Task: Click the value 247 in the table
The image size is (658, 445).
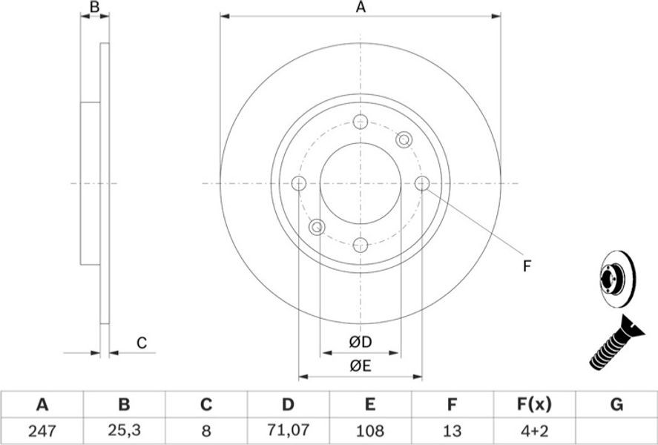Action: click(x=42, y=430)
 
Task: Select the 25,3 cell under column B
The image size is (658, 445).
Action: click(x=124, y=430)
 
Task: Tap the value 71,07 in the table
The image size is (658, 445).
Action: click(x=288, y=429)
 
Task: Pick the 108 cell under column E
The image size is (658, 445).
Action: click(x=369, y=430)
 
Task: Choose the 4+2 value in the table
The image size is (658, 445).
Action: click(x=534, y=430)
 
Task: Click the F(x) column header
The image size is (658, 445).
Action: click(x=534, y=405)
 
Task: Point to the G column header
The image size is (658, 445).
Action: click(x=616, y=405)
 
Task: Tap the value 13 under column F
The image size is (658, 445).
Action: click(x=452, y=430)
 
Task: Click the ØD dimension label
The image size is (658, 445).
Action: click(x=361, y=342)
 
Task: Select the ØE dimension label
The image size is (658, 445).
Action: click(x=361, y=366)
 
